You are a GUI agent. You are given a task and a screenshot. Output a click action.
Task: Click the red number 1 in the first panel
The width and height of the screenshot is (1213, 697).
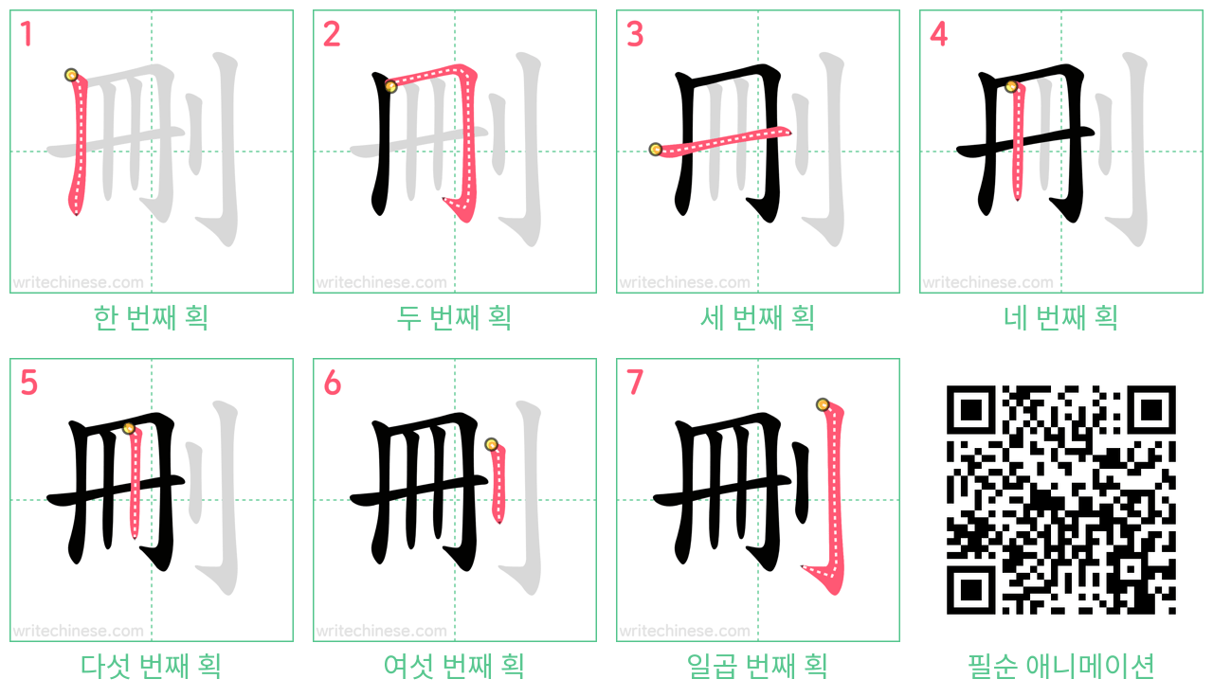[x=27, y=34]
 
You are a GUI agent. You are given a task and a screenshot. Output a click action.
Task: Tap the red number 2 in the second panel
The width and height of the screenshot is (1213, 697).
[x=332, y=34]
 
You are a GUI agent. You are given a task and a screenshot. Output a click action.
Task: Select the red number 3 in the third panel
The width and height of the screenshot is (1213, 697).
[x=635, y=34]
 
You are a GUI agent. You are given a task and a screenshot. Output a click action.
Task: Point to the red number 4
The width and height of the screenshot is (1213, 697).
[x=938, y=34]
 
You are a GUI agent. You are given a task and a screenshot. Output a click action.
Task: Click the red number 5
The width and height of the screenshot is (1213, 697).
[x=28, y=383]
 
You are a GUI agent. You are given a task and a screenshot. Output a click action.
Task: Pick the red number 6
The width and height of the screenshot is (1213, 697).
[x=332, y=383]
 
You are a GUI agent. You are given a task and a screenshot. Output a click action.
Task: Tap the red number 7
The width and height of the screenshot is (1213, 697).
[x=635, y=383]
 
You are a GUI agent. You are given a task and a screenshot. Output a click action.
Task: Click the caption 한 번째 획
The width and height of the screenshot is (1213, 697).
[x=151, y=317]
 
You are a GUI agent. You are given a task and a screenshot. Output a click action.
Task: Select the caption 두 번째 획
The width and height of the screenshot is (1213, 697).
[x=454, y=317]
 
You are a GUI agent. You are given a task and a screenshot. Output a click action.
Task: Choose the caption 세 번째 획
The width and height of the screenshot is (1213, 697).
[x=757, y=317]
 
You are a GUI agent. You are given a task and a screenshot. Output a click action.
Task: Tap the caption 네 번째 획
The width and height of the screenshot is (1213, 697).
[x=1060, y=317]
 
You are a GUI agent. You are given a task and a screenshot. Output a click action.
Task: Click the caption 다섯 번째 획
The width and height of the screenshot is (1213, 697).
[x=151, y=666]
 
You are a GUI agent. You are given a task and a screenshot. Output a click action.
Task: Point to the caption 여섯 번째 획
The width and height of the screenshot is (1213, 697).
[x=454, y=666]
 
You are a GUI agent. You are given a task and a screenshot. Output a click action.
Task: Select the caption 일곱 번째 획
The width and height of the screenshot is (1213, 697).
[x=757, y=666]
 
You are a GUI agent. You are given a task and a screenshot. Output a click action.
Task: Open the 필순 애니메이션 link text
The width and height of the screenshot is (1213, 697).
[x=1060, y=666]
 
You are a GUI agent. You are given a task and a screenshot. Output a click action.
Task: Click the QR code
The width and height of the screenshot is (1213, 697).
[x=1060, y=500]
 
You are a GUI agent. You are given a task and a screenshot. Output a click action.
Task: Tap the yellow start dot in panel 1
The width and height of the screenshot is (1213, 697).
[x=71, y=75]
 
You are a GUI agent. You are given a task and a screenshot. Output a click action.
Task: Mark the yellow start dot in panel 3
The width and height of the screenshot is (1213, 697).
[x=655, y=149]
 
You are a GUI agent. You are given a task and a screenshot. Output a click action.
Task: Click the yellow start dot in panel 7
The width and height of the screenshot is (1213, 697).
[x=823, y=404]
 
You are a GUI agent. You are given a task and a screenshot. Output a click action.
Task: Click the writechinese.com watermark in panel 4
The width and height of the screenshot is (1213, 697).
[x=987, y=282]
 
